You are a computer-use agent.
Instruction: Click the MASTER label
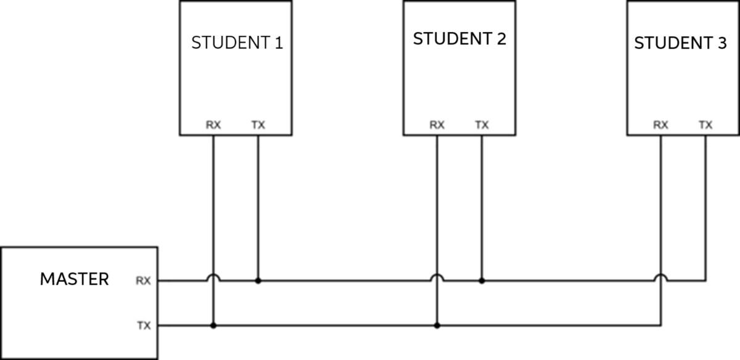click(74, 279)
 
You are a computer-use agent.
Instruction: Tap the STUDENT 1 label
click(237, 43)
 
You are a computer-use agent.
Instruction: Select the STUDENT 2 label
click(459, 39)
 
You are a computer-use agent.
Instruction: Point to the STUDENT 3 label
click(681, 44)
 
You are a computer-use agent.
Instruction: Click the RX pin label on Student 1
click(213, 125)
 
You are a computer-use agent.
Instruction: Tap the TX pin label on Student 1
click(258, 125)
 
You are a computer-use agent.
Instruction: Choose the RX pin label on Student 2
click(437, 125)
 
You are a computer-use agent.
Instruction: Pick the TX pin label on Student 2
click(482, 125)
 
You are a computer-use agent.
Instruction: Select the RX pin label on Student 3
click(660, 125)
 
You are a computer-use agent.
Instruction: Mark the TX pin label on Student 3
click(705, 125)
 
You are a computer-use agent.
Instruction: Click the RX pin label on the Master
click(143, 281)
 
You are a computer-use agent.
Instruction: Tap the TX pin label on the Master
click(143, 325)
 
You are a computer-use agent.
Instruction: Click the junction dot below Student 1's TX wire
click(258, 281)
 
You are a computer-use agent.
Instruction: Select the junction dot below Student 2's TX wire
click(482, 281)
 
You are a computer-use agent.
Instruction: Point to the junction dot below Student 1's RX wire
click(213, 325)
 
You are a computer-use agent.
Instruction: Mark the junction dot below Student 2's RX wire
click(437, 325)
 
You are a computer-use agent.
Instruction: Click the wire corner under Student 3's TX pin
click(705, 281)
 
